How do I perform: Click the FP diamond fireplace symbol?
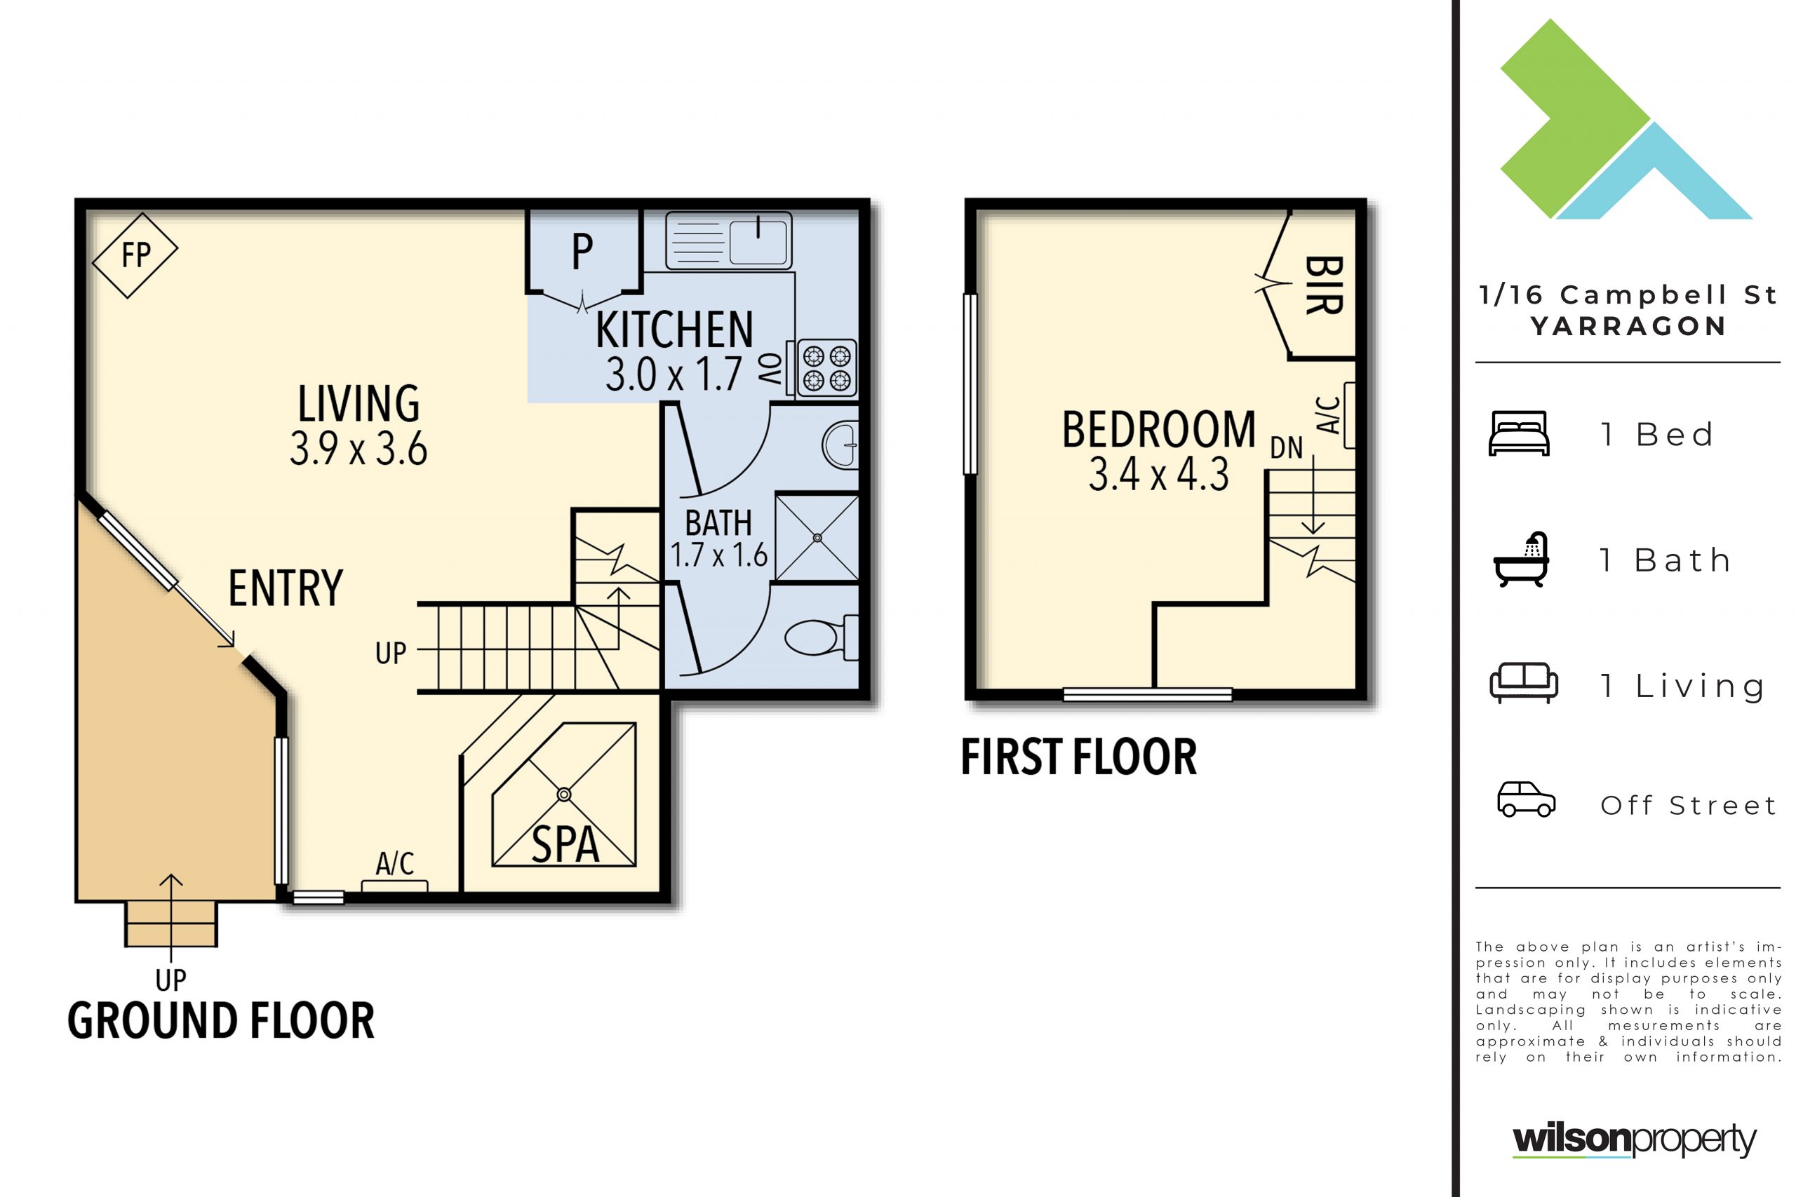pos(135,255)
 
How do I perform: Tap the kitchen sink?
pos(728,241)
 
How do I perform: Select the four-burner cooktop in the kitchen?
pos(827,368)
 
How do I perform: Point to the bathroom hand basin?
pos(840,445)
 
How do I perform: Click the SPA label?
pos(565,844)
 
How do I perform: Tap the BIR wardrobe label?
pos(1324,285)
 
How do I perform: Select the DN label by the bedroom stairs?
pos(1287,448)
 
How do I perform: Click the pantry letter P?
pos(582,251)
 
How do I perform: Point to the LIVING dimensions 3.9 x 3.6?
pos(358,449)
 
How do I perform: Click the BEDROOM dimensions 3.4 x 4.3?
pos(1158,474)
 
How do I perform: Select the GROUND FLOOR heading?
pos(221,1021)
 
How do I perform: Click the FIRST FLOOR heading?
pos(1078,757)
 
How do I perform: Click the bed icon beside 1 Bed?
pos(1519,433)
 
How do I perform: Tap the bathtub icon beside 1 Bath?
pos(1521,560)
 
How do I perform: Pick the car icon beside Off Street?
pos(1526,799)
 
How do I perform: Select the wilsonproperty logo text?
pos(1634,1139)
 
